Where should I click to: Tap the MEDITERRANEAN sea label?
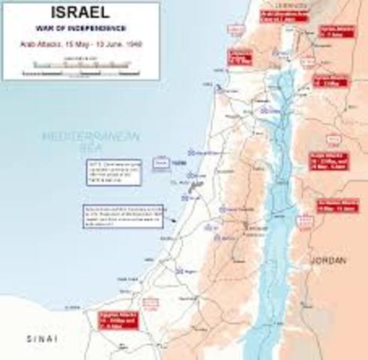click(x=79, y=138)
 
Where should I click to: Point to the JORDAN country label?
click(x=328, y=261)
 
